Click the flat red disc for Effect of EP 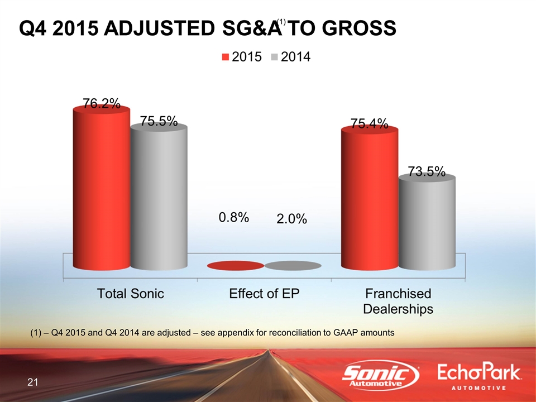click(235, 266)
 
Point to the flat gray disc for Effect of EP click(293, 266)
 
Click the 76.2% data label click(102, 103)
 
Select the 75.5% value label click(159, 121)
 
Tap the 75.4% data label click(370, 123)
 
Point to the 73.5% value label click(427, 171)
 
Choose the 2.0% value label click(291, 219)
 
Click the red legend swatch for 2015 click(226, 57)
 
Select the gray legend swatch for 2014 click(274, 57)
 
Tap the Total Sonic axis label click(131, 294)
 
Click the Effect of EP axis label click(265, 294)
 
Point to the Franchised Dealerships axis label click(398, 301)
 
